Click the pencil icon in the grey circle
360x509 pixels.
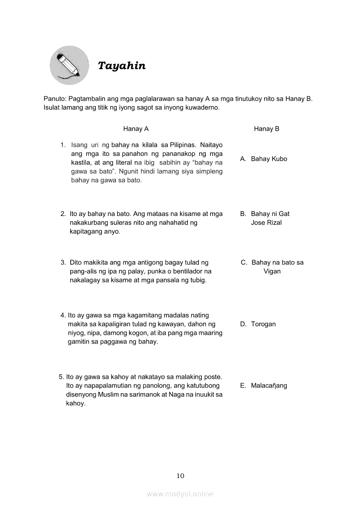(69, 65)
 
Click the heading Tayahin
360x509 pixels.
(122, 66)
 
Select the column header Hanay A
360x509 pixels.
(136, 129)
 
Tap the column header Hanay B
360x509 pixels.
(267, 129)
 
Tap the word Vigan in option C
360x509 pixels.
(272, 271)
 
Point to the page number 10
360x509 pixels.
(180, 475)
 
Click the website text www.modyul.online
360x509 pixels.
(180, 494)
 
